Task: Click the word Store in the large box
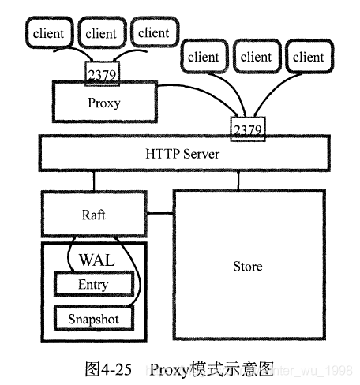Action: coord(247,266)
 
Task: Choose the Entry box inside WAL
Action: coord(93,284)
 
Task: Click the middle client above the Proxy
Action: coord(100,33)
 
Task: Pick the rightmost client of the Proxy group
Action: coord(153,32)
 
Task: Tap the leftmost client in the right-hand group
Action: coord(204,57)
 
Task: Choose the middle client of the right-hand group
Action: coord(256,57)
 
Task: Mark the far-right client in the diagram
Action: coord(308,57)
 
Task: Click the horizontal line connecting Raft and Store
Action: coord(160,213)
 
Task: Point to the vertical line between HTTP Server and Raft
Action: coord(94,181)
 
